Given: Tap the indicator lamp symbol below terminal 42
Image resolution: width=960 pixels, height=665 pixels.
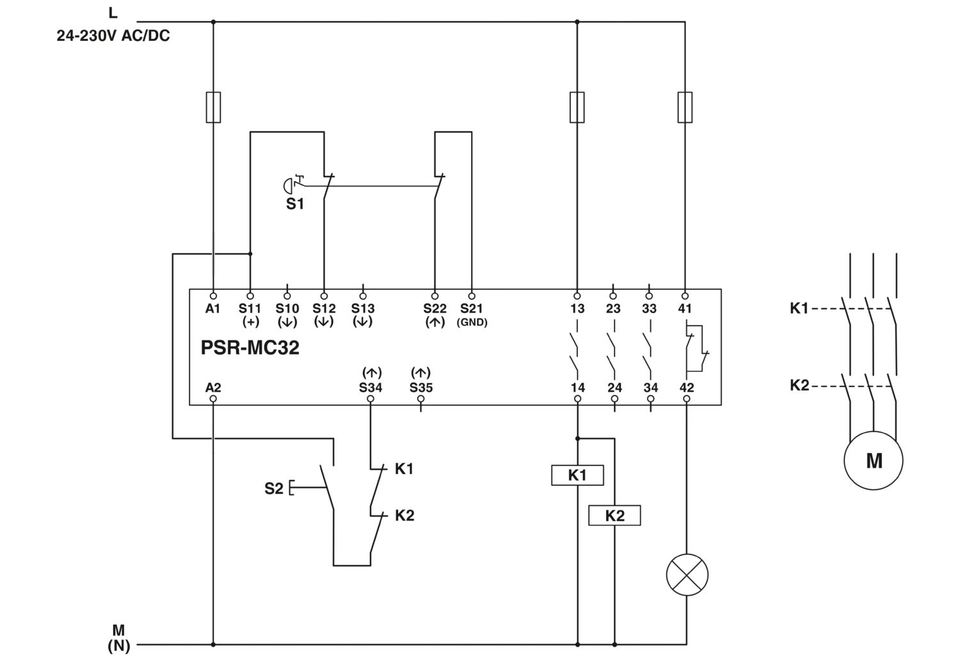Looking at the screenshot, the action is tap(687, 575).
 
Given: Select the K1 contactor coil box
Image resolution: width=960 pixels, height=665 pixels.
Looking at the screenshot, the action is tap(577, 475).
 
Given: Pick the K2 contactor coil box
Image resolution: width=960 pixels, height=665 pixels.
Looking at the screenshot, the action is tap(614, 515).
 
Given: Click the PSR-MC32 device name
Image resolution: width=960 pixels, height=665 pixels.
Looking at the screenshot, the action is tap(250, 348).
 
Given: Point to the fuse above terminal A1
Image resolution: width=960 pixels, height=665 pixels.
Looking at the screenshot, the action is tap(213, 107).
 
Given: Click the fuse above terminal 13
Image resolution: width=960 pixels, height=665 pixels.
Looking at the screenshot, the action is tap(577, 107).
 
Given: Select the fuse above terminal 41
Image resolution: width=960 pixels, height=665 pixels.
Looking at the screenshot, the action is tap(685, 107).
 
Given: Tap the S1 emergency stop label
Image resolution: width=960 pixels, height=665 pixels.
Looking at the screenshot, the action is tap(295, 204).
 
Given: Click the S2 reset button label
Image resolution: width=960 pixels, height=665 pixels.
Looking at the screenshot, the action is tap(273, 488).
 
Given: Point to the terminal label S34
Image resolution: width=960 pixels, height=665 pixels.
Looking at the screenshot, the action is tap(371, 387).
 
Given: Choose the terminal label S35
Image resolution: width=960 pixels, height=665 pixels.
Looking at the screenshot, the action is tap(421, 387).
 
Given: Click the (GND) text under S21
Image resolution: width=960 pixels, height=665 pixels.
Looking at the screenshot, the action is tap(472, 322).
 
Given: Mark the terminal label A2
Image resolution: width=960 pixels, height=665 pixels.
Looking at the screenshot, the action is tap(213, 387).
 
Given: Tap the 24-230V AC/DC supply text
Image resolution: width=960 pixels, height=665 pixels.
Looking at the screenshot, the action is tap(113, 36).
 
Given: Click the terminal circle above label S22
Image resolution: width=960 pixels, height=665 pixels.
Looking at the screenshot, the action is tap(435, 296).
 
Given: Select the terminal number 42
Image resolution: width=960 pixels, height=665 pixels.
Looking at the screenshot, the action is tap(687, 387).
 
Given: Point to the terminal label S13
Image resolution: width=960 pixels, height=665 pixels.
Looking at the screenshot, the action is tap(363, 308).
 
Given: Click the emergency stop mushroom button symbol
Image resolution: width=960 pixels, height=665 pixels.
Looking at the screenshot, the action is tap(288, 186).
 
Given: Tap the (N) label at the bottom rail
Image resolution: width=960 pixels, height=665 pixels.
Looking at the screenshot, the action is tap(118, 646).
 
